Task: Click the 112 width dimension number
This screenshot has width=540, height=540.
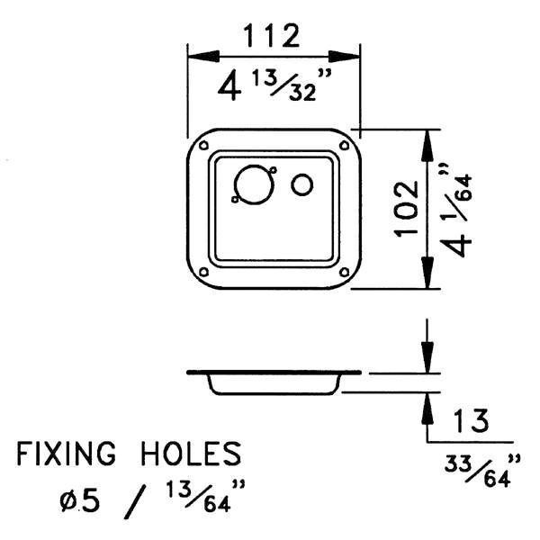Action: point(272,36)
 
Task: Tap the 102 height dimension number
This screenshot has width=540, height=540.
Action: point(407,209)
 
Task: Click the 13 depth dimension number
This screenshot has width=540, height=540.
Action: point(471,420)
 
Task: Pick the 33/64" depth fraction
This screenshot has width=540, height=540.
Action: point(482,471)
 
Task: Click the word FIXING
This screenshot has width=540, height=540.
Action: point(66,454)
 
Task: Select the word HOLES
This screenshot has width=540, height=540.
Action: point(192,454)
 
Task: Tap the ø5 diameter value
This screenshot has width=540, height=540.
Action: point(80,501)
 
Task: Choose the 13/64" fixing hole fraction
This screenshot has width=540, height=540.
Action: point(206,496)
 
